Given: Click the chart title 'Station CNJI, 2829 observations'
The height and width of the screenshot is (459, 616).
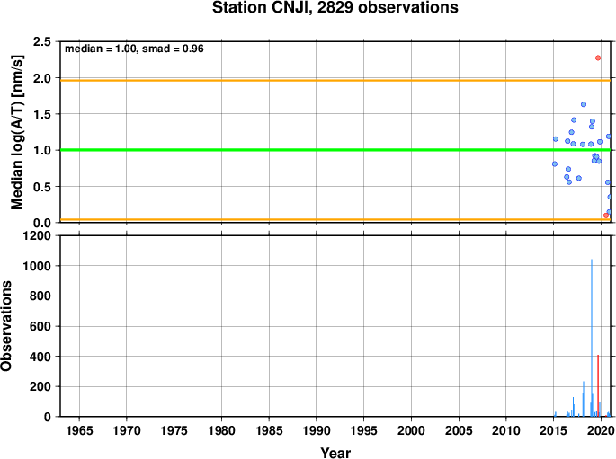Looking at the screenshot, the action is [335, 7].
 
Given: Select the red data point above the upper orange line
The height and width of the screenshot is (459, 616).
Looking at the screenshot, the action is [598, 57].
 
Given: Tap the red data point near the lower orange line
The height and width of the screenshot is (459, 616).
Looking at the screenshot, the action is [606, 216].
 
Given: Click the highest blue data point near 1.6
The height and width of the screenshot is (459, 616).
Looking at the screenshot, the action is [584, 104].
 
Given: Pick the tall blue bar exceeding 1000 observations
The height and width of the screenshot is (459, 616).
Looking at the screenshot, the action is [592, 338].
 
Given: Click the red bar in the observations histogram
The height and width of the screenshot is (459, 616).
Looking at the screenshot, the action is [598, 385].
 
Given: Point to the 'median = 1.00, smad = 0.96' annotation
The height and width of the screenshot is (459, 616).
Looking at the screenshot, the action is [134, 49].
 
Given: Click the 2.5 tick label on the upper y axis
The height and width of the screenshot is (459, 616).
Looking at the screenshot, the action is [42, 41].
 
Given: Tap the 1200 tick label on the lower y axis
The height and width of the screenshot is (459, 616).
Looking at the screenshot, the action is [37, 235].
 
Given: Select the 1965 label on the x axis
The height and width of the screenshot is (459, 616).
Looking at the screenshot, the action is [79, 431].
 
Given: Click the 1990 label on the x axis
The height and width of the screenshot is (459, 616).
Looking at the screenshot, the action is [317, 431].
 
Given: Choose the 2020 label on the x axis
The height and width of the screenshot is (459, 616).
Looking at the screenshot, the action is [601, 431].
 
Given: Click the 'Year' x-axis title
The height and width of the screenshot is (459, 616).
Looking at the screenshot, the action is [335, 453].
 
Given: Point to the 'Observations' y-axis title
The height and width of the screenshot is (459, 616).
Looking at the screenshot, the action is [6, 326].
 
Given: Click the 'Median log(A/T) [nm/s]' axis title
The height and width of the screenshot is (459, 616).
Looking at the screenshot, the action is [16, 132].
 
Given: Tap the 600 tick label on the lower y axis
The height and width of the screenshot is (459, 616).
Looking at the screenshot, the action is [40, 326].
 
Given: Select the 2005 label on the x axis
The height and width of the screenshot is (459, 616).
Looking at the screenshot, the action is [459, 431].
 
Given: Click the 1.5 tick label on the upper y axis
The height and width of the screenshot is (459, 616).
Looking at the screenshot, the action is [42, 114].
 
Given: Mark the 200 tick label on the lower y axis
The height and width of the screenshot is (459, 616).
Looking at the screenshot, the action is [40, 386].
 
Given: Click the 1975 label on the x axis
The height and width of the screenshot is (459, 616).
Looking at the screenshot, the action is [174, 431].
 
